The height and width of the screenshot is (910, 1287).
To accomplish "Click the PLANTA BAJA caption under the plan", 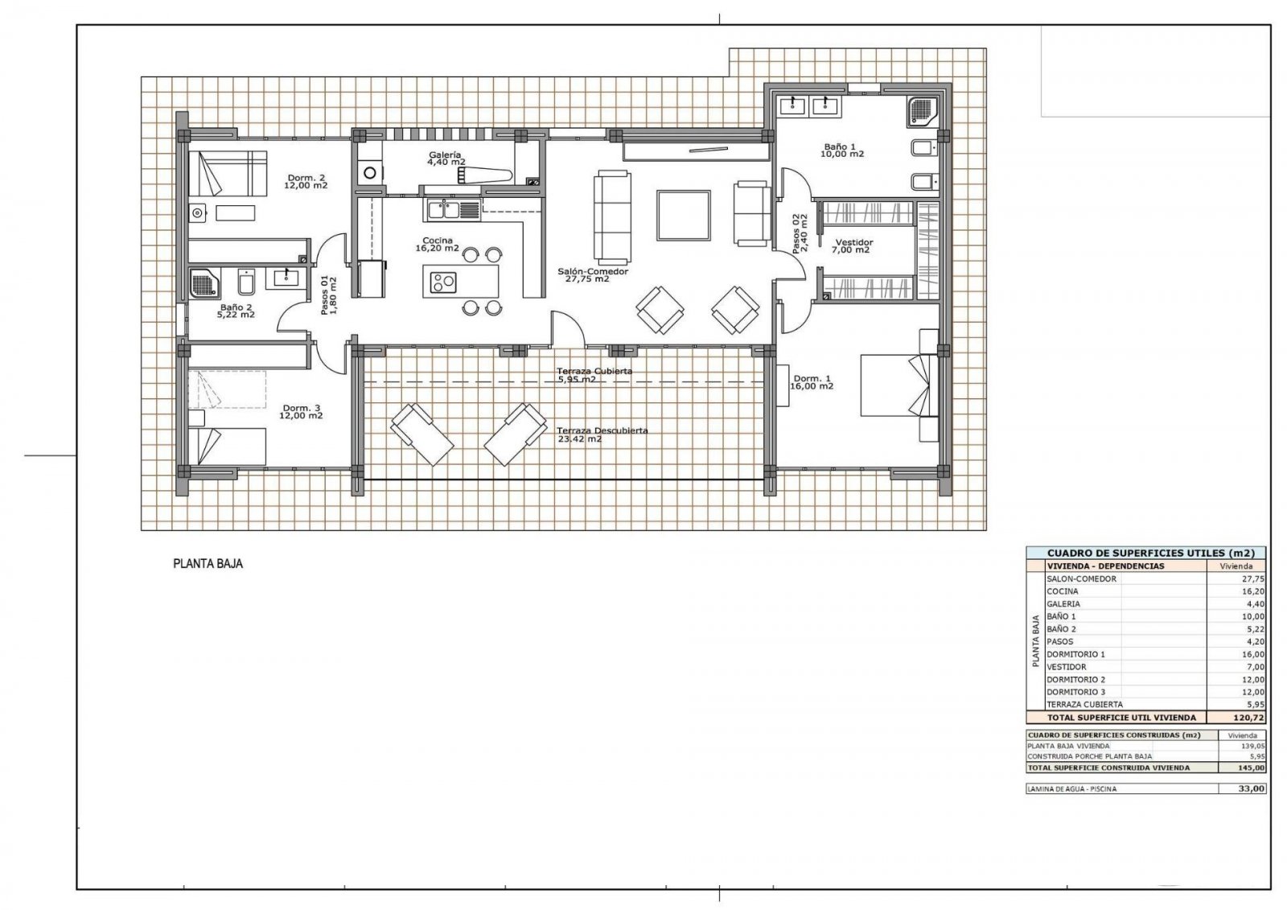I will (208, 564).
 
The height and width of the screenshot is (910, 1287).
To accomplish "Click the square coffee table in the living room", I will (683, 215).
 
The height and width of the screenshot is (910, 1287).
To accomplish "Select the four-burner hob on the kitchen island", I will (442, 283).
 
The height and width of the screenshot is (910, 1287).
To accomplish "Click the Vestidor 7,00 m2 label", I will (853, 245).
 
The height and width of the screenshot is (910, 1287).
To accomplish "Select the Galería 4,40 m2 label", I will (446, 158).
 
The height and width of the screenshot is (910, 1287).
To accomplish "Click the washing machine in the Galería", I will (371, 171).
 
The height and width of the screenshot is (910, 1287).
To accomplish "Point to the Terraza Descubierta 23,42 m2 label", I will (602, 435).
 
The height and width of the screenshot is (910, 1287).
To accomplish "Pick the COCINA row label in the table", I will (1062, 591).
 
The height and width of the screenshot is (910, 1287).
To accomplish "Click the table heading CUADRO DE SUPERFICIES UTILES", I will (1145, 554).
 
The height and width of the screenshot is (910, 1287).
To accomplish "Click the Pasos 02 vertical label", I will (798, 233).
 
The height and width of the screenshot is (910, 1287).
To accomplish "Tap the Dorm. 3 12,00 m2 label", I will (302, 411).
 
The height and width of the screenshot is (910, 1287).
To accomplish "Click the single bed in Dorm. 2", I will (228, 172).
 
